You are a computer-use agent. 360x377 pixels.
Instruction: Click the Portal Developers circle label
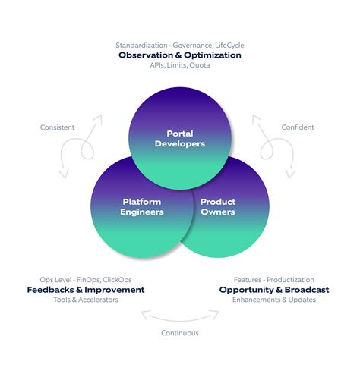[x=180, y=139]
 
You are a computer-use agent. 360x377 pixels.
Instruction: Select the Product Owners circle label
[x=217, y=206]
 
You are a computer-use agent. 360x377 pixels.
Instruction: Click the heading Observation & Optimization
[x=180, y=55]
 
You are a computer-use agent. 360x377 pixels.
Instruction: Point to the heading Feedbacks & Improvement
[x=86, y=290]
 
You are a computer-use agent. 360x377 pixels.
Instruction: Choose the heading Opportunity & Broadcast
[x=274, y=290]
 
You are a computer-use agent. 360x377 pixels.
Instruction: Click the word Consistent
[x=57, y=127]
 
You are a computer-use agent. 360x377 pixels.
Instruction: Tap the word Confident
[x=298, y=127]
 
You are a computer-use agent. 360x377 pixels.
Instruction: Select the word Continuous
[x=180, y=333]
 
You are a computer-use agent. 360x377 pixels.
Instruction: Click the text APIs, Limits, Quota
[x=180, y=66]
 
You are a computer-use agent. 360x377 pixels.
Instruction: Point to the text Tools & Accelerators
[x=86, y=300]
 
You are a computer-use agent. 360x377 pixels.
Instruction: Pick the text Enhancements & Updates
[x=274, y=300]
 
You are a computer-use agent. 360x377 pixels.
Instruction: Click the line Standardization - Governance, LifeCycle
[x=180, y=45]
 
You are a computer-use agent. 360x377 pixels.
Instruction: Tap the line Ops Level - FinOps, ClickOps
[x=86, y=279]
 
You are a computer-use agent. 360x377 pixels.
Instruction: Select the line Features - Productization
[x=274, y=279]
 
